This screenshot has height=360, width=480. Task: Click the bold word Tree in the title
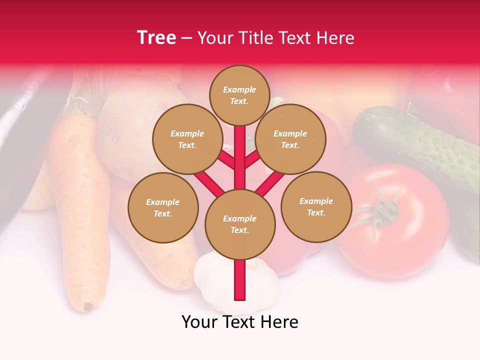click(x=156, y=38)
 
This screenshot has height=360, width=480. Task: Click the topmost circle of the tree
click(x=239, y=95)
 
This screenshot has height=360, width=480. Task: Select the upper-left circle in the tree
click(x=187, y=139)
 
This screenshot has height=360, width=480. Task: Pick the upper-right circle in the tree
click(x=290, y=139)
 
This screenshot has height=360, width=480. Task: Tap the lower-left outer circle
click(x=163, y=207)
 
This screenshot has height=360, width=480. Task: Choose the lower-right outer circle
click(x=316, y=206)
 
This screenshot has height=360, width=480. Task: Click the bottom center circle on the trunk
click(x=240, y=224)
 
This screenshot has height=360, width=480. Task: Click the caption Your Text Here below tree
click(x=240, y=322)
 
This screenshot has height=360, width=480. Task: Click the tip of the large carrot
click(x=88, y=305)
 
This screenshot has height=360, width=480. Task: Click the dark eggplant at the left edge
click(x=20, y=150)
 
